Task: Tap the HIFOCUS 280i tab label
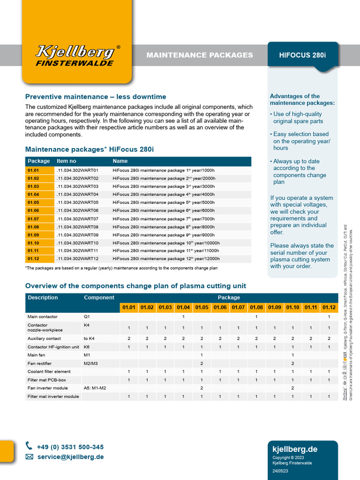coord(302,55)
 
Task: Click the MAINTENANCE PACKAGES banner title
coord(200,55)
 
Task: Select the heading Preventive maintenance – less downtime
coord(96,97)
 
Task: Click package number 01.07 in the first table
coord(33,219)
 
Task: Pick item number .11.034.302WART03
coord(77,187)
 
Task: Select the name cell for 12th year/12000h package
coord(166,259)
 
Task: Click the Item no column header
coord(66,161)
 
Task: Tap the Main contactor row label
coord(43,317)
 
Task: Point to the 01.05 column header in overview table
coord(202,307)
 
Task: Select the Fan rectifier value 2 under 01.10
coord(292,364)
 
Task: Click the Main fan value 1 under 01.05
coord(202,355)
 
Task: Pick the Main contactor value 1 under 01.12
coord(329,317)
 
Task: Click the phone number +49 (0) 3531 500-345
coord(71,447)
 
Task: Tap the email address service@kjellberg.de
coord(71,457)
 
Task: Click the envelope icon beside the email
coord(30,457)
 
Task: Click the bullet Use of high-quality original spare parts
coord(298,117)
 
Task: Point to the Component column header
coord(99,298)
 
